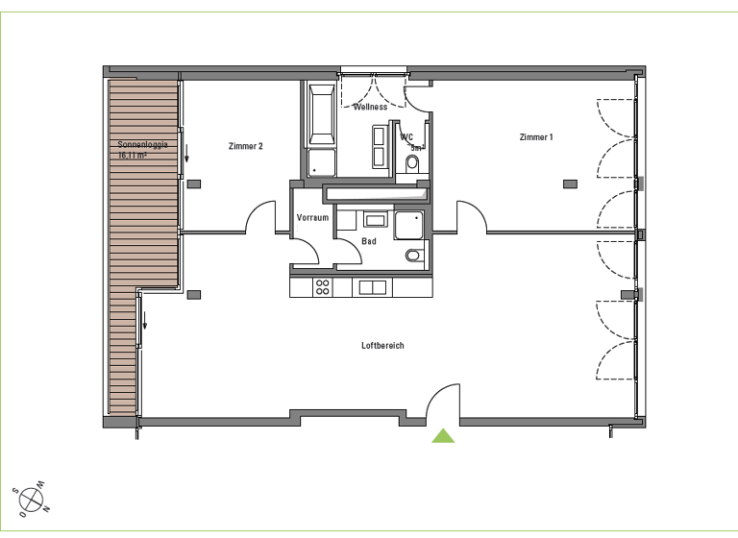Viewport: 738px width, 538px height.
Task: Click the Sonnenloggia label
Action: pos(143,144)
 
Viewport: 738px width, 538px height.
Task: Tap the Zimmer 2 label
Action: pos(246,146)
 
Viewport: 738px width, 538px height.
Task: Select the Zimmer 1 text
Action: pos(536,137)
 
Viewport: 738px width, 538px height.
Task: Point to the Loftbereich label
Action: pos(382,346)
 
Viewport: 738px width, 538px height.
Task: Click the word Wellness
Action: pos(370,107)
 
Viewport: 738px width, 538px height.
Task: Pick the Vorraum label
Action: pos(313,218)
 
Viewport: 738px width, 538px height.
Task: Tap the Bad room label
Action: pos(369,241)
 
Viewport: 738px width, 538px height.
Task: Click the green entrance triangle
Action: pos(443,435)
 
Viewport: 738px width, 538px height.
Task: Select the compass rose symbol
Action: pos(32,500)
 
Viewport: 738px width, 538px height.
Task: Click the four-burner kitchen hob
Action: pos(323,286)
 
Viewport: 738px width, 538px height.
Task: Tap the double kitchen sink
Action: pos(372,286)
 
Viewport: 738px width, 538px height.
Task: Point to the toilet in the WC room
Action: pos(413,164)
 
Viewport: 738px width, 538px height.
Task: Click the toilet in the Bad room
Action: pos(412,256)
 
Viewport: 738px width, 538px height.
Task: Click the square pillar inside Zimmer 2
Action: pos(193,183)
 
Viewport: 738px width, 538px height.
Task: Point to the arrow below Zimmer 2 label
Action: pos(187,153)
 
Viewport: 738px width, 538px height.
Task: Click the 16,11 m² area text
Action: pos(132,154)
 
